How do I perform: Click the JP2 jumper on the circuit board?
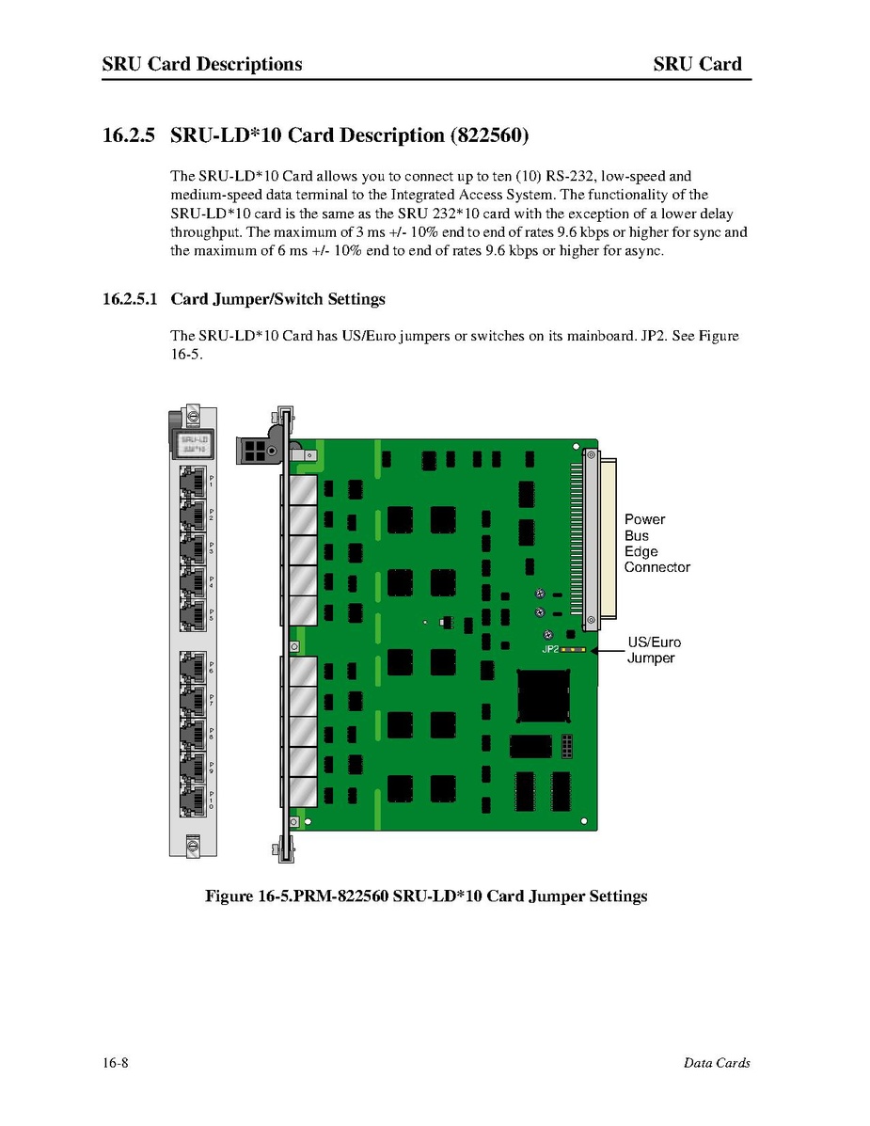[x=573, y=649]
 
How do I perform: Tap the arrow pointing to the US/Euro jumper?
[x=605, y=649]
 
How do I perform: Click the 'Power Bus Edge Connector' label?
[x=656, y=543]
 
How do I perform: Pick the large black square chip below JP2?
[x=544, y=696]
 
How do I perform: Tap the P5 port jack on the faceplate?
[x=193, y=615]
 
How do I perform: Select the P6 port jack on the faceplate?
[x=193, y=669]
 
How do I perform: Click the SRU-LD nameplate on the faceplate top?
[x=194, y=442]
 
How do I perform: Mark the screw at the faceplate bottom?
[x=193, y=845]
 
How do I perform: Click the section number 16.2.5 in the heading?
[x=129, y=135]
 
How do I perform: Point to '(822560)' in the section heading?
[x=489, y=135]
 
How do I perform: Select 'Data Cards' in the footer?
[x=717, y=1063]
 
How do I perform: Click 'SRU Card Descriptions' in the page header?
[x=202, y=64]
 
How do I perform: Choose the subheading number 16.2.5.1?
[x=131, y=299]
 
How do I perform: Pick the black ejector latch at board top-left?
[x=255, y=450]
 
